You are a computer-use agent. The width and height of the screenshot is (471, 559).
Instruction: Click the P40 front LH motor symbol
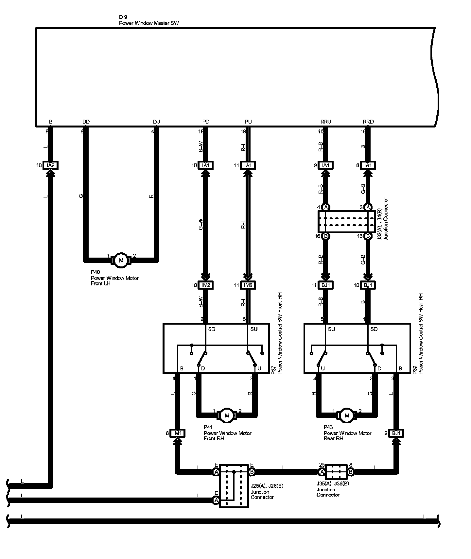pos(121,260)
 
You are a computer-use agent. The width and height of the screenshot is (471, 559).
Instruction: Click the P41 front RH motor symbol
pos(227,415)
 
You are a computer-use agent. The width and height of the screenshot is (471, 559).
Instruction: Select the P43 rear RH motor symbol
pos(347,415)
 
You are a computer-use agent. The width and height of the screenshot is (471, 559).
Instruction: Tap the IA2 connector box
pos(50,165)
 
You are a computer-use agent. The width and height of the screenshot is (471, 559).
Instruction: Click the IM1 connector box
pos(178,433)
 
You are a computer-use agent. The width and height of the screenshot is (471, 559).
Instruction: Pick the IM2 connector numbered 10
pos(206,285)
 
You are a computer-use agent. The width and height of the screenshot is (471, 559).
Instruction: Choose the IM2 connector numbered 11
pos(248,285)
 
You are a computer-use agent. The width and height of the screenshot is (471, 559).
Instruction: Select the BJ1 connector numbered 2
pos(396,433)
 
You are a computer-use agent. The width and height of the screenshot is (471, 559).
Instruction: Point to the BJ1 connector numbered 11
pos(326,285)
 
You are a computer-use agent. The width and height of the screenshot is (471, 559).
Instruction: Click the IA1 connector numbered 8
pos(368,165)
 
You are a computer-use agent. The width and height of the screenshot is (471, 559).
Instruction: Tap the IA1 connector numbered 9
pos(326,165)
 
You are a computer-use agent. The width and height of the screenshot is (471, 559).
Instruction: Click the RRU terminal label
pos(326,122)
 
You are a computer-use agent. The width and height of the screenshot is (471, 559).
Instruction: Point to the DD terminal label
pos(86,122)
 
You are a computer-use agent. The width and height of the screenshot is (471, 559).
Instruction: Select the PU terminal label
pos(248,122)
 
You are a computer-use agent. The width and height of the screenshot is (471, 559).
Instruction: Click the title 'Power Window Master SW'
pos(149,23)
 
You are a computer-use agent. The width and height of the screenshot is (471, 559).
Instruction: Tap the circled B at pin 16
pos(326,236)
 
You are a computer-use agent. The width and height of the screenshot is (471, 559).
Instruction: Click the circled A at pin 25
pos(322,472)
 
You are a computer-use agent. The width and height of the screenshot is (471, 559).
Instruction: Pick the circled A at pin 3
pos(368,207)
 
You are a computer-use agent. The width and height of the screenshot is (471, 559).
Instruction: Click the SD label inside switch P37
pos(212,329)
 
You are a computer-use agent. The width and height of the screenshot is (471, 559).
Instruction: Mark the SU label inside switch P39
pos(331,329)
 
